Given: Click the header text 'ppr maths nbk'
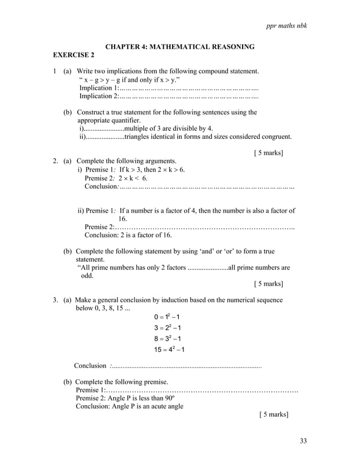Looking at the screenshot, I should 287,27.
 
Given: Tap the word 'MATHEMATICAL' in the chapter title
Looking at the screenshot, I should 182,46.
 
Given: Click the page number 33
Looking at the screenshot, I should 303,441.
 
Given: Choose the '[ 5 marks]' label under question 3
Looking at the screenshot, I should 274,415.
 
